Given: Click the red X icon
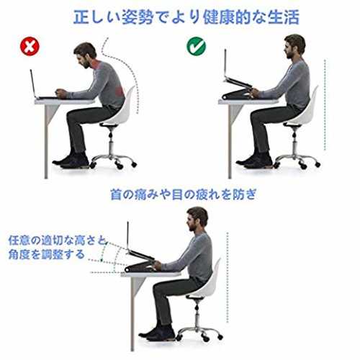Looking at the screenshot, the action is pyautogui.click(x=30, y=46).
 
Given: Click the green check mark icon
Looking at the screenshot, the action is pyautogui.click(x=196, y=46).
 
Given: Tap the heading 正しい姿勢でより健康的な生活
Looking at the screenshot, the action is pyautogui.click(x=186, y=17).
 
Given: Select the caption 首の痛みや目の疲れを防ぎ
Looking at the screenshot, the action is pyautogui.click(x=184, y=194).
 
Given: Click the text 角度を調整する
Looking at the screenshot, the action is pyautogui.click(x=47, y=254).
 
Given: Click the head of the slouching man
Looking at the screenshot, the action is pyautogui.click(x=84, y=55).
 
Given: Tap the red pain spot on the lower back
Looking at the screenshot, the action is pyautogui.click(x=120, y=91).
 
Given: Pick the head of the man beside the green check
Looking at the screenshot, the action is pyautogui.click(x=294, y=47).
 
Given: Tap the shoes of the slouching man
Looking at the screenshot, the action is pyautogui.click(x=71, y=160).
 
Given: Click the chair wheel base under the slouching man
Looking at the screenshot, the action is pyautogui.click(x=112, y=161).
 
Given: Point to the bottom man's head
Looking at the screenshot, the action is pyautogui.click(x=197, y=219).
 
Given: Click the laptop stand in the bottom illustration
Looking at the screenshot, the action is pyautogui.click(x=140, y=261).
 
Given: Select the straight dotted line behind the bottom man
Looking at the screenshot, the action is pyautogui.click(x=228, y=277).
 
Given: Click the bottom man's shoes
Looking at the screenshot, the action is pyautogui.click(x=158, y=333).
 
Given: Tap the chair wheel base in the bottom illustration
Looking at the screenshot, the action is pyautogui.click(x=199, y=333).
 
